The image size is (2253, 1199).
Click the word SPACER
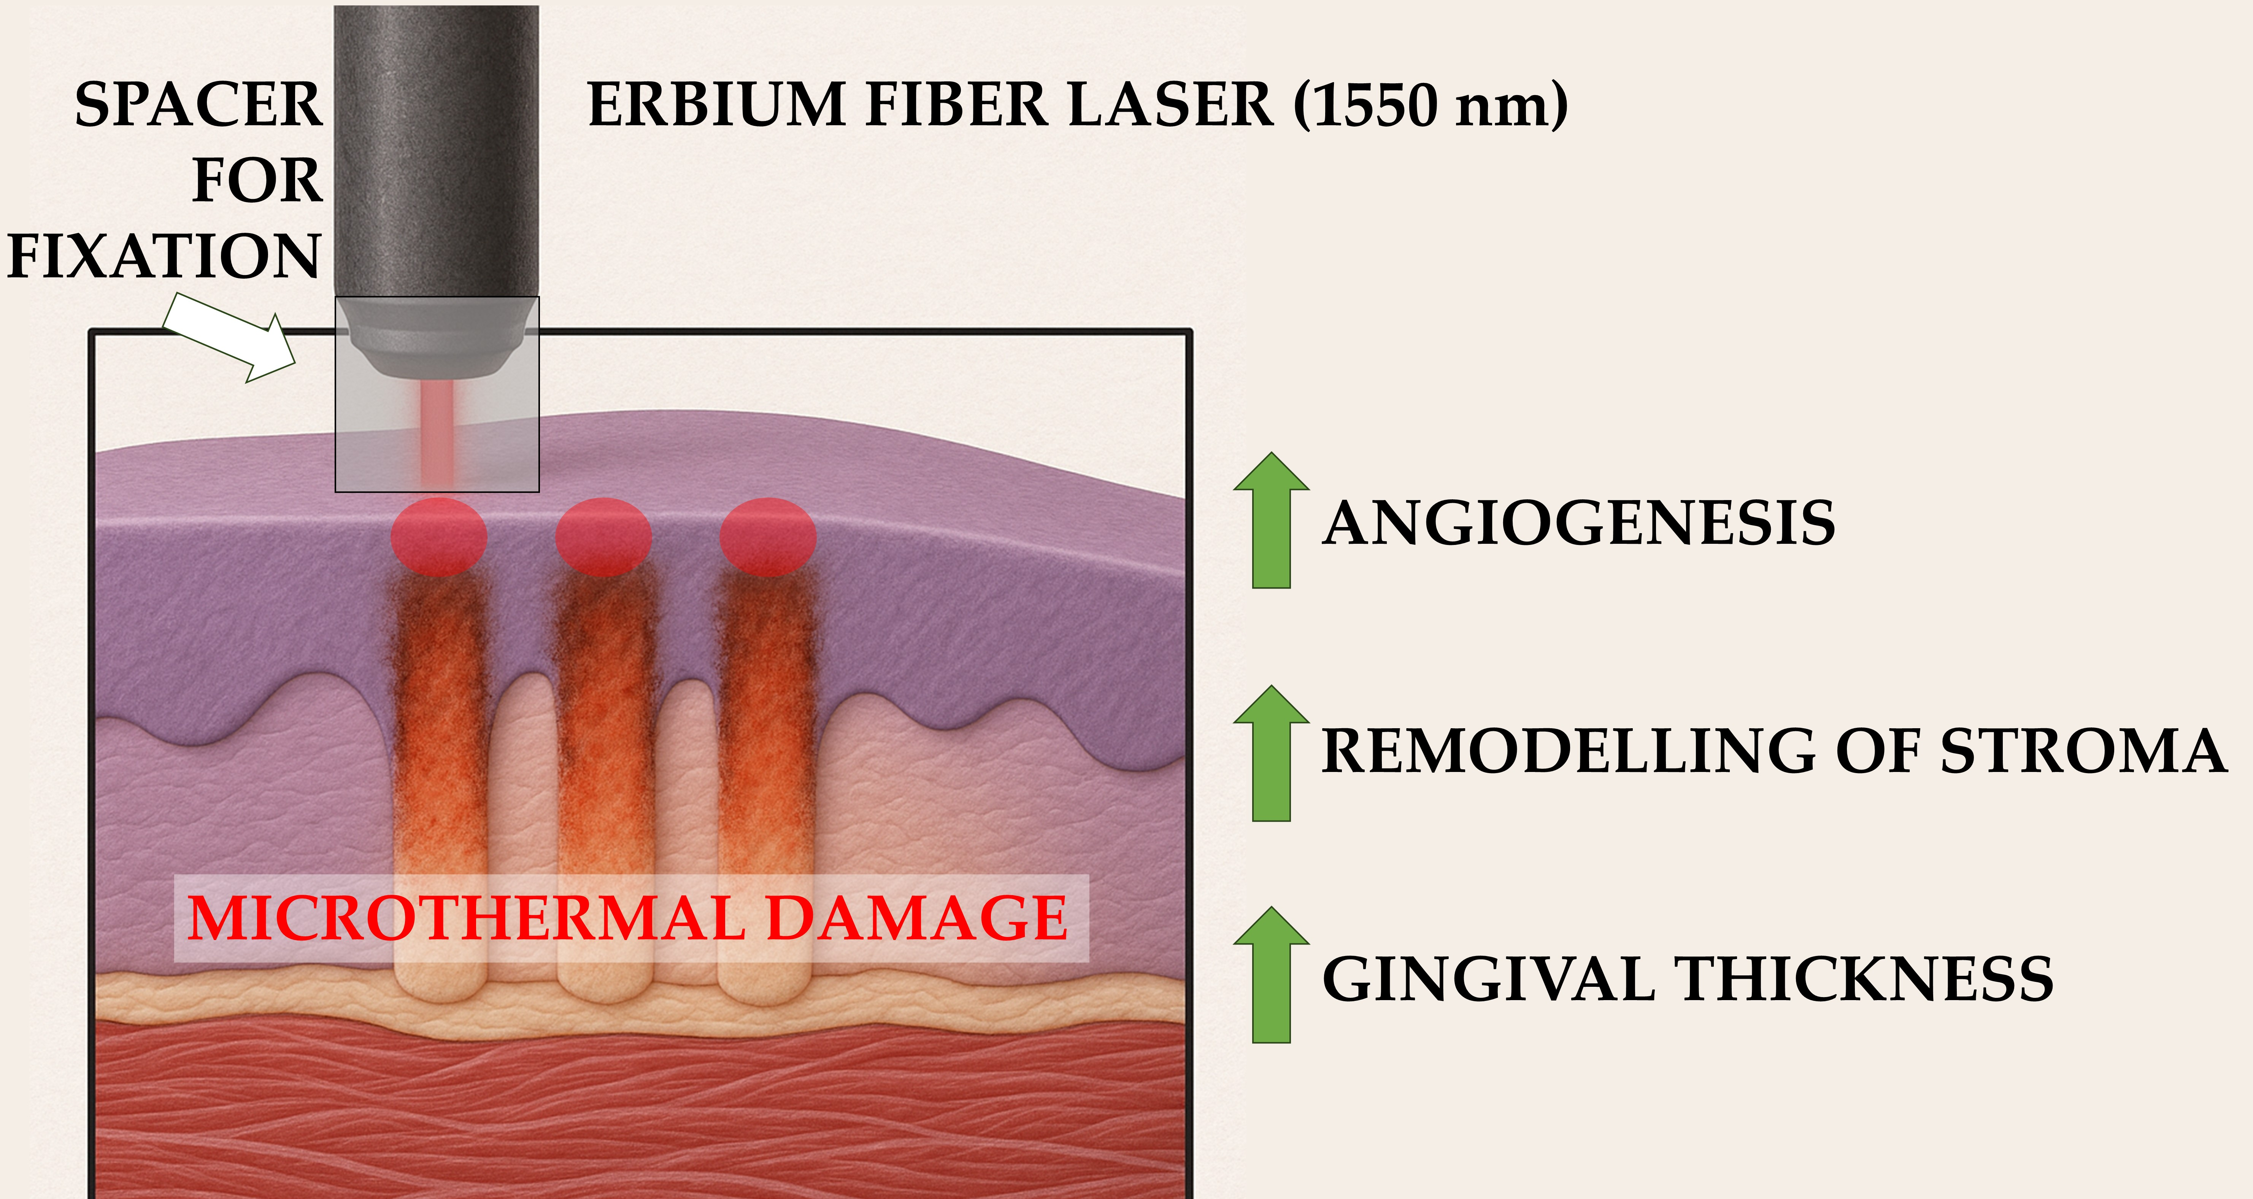(198, 105)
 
